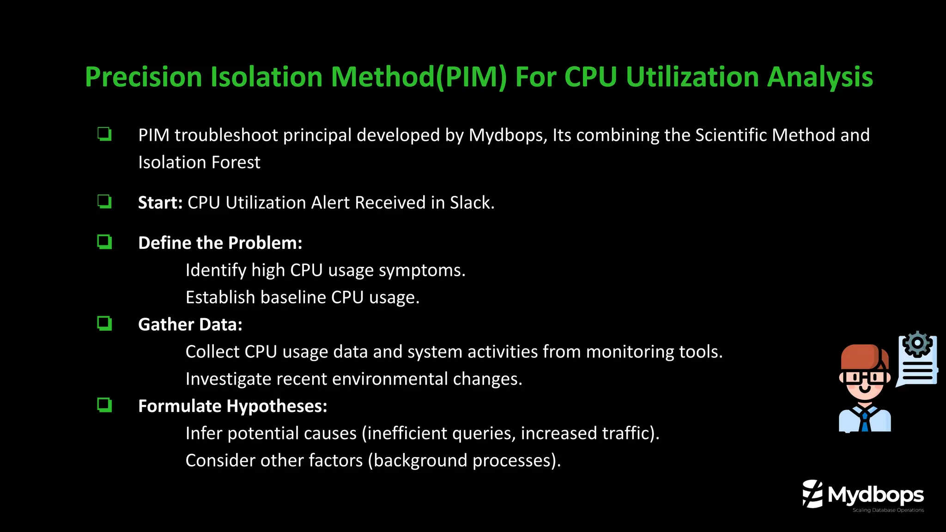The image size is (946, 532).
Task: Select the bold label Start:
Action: [x=160, y=203]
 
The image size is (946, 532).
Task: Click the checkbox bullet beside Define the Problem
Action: [x=104, y=242]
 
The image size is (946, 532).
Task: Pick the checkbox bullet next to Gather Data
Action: [x=104, y=323]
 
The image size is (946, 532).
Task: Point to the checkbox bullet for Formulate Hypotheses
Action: [x=104, y=405]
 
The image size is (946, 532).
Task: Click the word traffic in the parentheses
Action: [x=630, y=434]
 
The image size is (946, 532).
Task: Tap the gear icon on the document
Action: [x=917, y=344]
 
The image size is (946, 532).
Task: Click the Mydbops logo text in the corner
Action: [x=875, y=495]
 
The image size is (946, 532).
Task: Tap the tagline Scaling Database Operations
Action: [x=888, y=510]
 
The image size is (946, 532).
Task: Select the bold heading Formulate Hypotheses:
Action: [x=232, y=406]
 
